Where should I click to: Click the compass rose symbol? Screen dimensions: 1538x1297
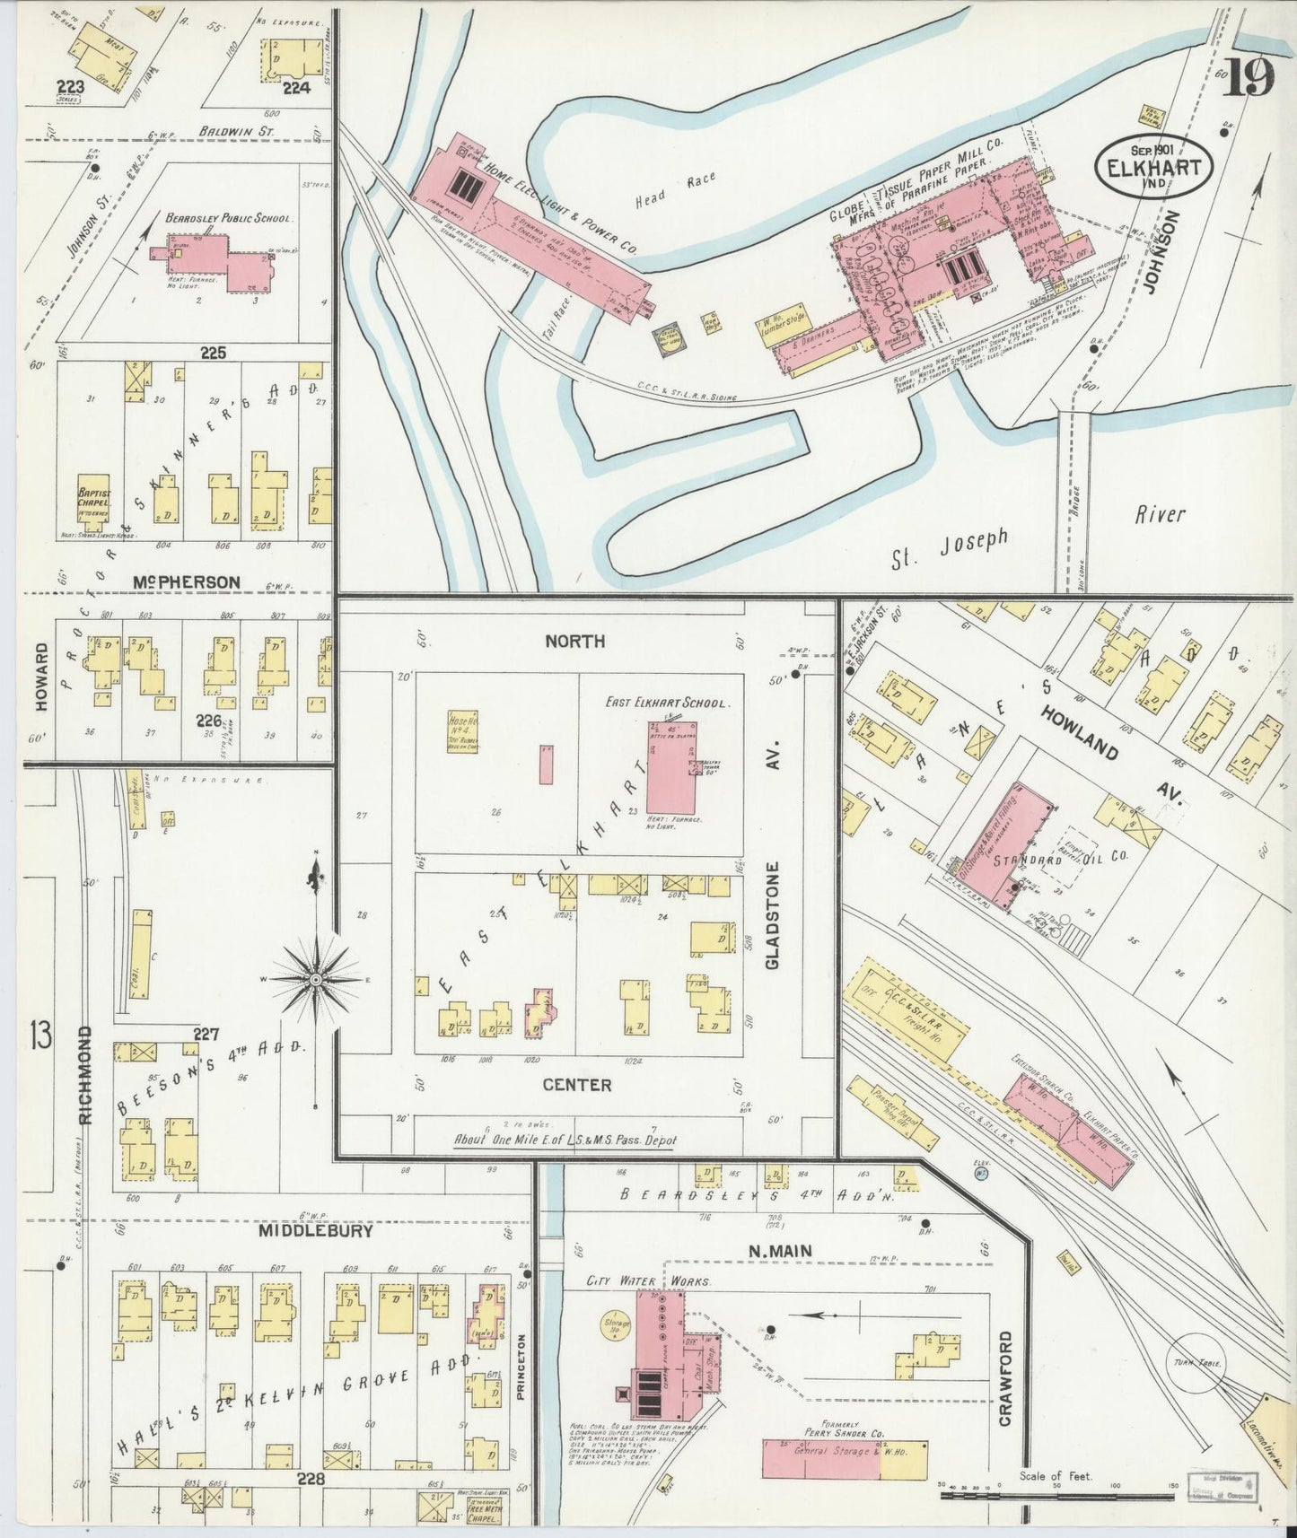click(316, 980)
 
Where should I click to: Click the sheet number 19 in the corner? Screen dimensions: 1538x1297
click(1247, 79)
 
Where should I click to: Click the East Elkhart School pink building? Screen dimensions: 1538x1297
click(670, 768)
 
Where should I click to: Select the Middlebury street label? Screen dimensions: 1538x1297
click(314, 1231)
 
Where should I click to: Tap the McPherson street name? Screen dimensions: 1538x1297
click(186, 582)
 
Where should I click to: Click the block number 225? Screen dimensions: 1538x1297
click(213, 353)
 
